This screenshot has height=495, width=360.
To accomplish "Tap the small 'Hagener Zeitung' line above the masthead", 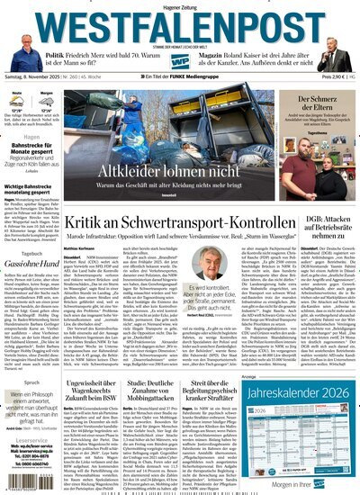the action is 180,5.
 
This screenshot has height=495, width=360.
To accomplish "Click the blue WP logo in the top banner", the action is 181,58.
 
